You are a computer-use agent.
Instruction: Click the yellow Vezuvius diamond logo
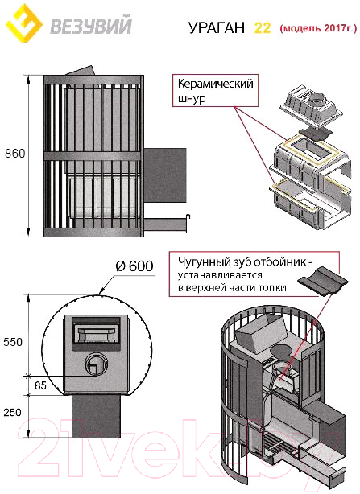[x=24, y=23]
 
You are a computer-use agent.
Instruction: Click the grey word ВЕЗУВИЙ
[x=90, y=26]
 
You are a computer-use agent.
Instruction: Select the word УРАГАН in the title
[x=217, y=27]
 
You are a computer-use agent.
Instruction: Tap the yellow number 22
[x=263, y=27]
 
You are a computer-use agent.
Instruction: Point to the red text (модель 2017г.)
[x=318, y=28]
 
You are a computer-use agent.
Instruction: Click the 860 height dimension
[x=14, y=154]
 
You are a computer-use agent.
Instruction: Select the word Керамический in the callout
[x=215, y=84]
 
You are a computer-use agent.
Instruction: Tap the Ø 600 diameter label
[x=134, y=266]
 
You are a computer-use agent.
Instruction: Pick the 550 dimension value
[x=13, y=342]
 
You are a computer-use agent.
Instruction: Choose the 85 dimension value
[x=40, y=385]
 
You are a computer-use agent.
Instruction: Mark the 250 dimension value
[x=13, y=413]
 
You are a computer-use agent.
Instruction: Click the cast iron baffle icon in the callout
[x=323, y=281]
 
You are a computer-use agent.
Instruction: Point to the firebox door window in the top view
[x=96, y=335]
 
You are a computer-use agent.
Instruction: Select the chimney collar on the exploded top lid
[x=315, y=100]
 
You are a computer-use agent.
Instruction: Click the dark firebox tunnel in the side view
[x=165, y=175]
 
